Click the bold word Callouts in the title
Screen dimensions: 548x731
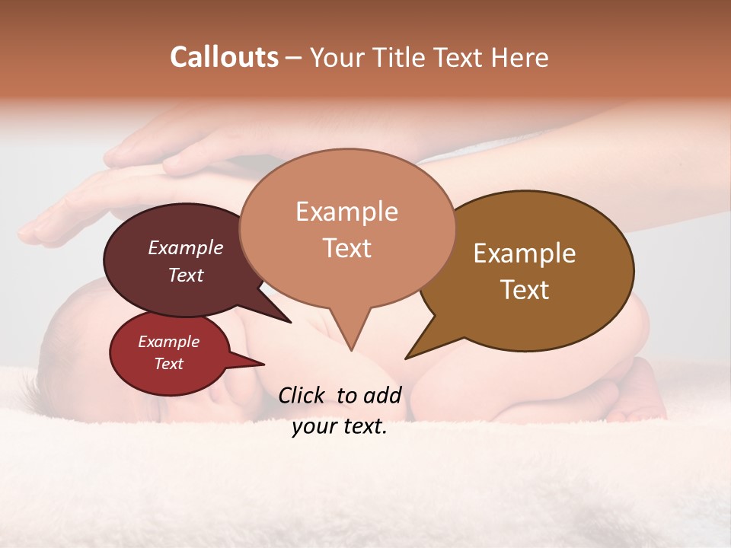pos(224,57)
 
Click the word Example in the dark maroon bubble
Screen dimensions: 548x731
pos(185,247)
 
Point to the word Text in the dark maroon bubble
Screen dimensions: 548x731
pos(185,275)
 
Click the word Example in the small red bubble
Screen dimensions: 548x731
pos(168,342)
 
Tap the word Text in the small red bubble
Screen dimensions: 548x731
pos(168,364)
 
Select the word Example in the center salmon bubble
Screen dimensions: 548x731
pos(346,211)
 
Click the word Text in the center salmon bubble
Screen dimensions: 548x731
pos(346,247)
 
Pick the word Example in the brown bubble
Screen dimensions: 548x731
pos(525,253)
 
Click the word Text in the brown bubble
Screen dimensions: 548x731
pos(525,289)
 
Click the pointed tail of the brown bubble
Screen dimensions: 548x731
pos(409,356)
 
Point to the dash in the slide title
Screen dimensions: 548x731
pos(293,58)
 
